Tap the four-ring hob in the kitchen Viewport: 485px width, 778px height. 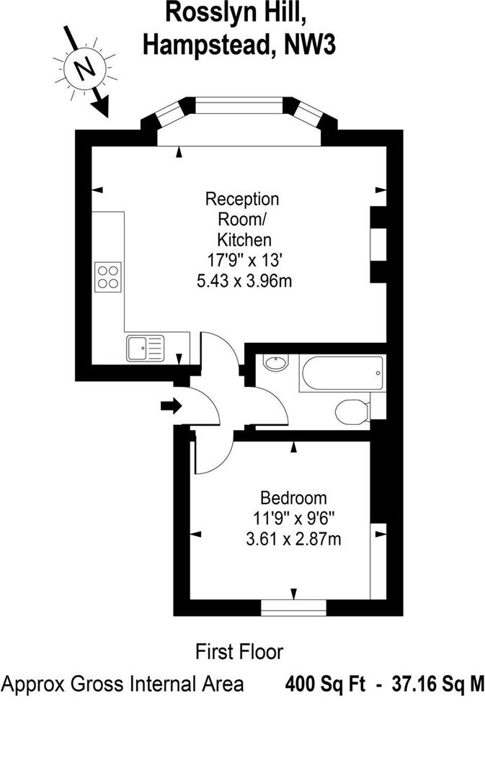pos(107,276)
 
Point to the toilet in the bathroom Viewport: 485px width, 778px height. pos(351,411)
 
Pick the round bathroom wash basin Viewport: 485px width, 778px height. pos(274,363)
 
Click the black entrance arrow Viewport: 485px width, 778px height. pos(172,406)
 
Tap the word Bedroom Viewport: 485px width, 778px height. pos(293,498)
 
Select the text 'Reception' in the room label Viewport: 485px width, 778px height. pos(242,199)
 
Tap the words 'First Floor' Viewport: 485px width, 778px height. pos(240,652)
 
